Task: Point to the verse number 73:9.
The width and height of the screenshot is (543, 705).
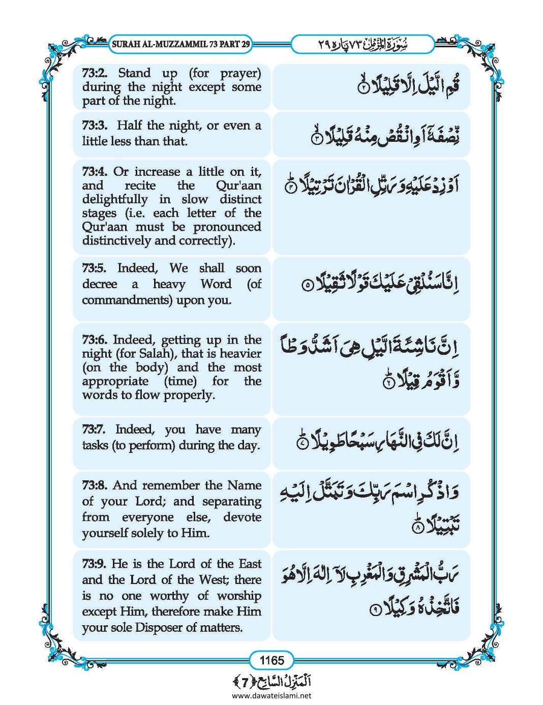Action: click(x=95, y=563)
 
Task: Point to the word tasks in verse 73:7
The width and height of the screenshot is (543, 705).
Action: click(x=95, y=446)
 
